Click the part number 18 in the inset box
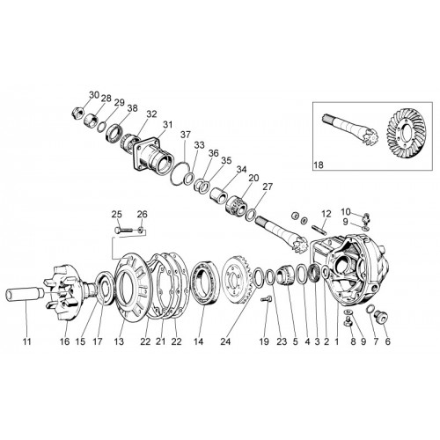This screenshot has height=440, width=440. tap(319, 165)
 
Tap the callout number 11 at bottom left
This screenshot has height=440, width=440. tap(27, 341)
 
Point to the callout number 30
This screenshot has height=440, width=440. tap(94, 95)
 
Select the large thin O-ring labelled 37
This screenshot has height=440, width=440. tap(180, 173)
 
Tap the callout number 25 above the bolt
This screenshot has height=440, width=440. tap(117, 215)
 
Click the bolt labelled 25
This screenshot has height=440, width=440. tap(123, 230)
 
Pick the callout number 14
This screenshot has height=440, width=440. tap(198, 341)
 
